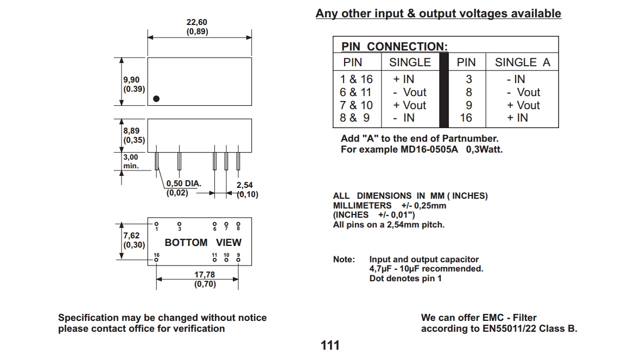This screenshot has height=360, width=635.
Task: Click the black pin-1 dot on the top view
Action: click(x=156, y=99)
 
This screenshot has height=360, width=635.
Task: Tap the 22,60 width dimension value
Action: click(x=197, y=22)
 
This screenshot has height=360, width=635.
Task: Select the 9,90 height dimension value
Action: click(x=131, y=80)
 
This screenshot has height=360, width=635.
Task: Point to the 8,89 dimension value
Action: click(x=131, y=131)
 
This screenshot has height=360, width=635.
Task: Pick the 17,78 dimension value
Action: click(x=205, y=275)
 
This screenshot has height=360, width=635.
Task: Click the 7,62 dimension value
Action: click(x=131, y=235)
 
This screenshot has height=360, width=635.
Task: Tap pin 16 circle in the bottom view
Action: click(x=156, y=260)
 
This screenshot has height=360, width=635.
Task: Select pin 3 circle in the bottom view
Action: click(x=180, y=223)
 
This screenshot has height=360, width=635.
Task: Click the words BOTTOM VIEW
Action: click(x=203, y=242)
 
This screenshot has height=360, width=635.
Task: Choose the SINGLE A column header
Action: click(x=522, y=62)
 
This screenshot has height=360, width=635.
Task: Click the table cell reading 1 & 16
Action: click(x=356, y=79)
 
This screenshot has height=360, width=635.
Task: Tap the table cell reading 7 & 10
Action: click(x=356, y=105)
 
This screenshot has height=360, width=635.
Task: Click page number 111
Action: click(x=330, y=345)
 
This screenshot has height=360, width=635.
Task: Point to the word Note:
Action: click(x=344, y=260)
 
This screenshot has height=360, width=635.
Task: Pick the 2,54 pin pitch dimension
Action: click(x=245, y=185)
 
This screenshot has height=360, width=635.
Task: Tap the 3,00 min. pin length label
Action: click(x=131, y=157)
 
